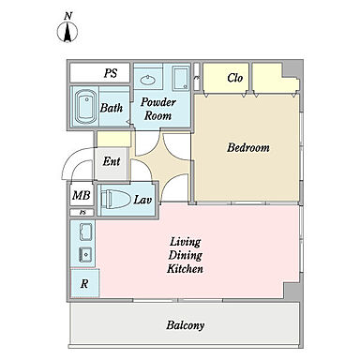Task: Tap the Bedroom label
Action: coord(248,147)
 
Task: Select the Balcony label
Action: coord(186,325)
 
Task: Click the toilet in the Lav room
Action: coord(115,199)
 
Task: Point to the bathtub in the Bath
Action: coord(86,107)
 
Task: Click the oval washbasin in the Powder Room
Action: coord(148,80)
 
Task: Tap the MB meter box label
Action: coord(82,196)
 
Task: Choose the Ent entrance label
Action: coord(112,161)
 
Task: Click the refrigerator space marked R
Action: coord(85,283)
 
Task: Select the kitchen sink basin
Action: coord(85,255)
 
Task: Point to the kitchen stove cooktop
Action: coord(85,232)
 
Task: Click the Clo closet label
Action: coord(234,78)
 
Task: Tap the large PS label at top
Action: coord(111,73)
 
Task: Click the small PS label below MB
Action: coord(82,213)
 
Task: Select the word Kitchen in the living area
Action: coord(185,269)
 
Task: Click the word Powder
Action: coord(158,102)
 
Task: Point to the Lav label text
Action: coord(142,200)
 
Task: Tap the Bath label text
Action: coord(112,108)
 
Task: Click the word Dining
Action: coord(186,255)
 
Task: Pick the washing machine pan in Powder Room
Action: coord(180,78)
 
